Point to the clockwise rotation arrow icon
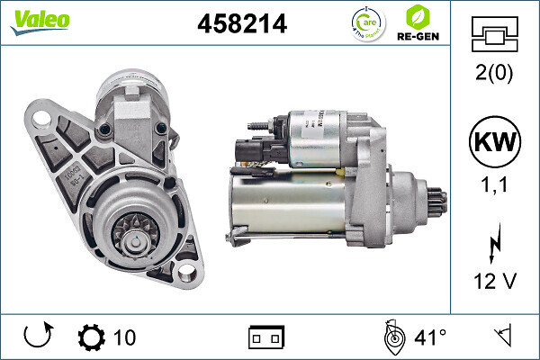click(37, 337)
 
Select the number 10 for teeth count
click(124, 337)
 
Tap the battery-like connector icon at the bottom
click(265, 337)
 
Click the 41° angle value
click(430, 337)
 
